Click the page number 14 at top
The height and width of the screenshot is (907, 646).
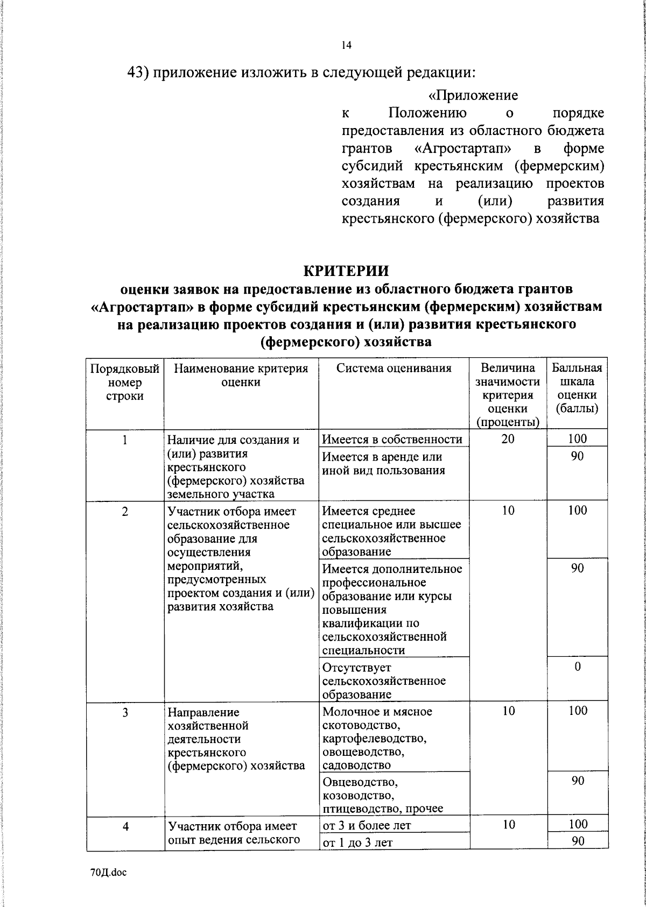point(346,46)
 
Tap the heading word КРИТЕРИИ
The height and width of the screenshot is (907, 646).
point(346,271)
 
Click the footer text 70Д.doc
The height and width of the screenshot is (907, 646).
point(108,873)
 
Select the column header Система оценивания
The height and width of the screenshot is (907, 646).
point(394,369)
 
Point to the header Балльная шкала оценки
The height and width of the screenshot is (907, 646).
point(577,388)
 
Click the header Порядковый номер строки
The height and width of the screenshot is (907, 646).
point(125,382)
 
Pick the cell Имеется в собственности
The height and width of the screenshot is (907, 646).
point(392,440)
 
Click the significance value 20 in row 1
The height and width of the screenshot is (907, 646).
point(508,439)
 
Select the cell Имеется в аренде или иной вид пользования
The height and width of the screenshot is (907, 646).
point(383,464)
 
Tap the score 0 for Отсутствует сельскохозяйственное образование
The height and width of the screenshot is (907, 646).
point(577,667)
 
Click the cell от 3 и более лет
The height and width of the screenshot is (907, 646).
point(367,825)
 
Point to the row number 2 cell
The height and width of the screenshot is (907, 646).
point(125,511)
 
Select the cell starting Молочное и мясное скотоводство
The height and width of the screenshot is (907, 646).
point(377,738)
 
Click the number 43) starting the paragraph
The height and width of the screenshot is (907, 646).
point(138,72)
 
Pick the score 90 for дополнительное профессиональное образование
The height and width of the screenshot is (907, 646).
point(577,568)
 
